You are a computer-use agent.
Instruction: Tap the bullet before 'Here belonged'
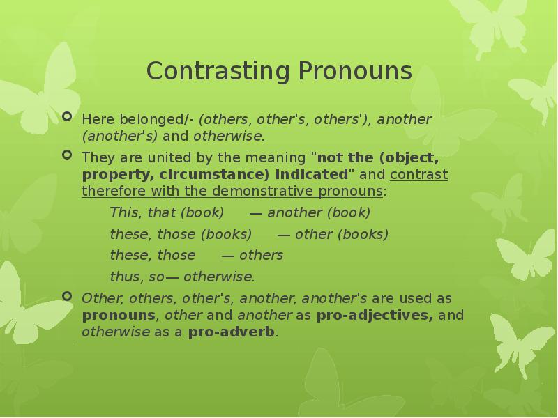[67, 117]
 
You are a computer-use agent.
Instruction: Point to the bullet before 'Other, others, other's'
[67, 296]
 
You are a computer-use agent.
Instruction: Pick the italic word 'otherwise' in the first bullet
[228, 135]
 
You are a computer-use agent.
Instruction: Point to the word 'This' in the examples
[123, 212]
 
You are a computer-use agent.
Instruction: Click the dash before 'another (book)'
[255, 212]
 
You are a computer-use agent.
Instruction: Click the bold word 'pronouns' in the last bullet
[118, 316]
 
